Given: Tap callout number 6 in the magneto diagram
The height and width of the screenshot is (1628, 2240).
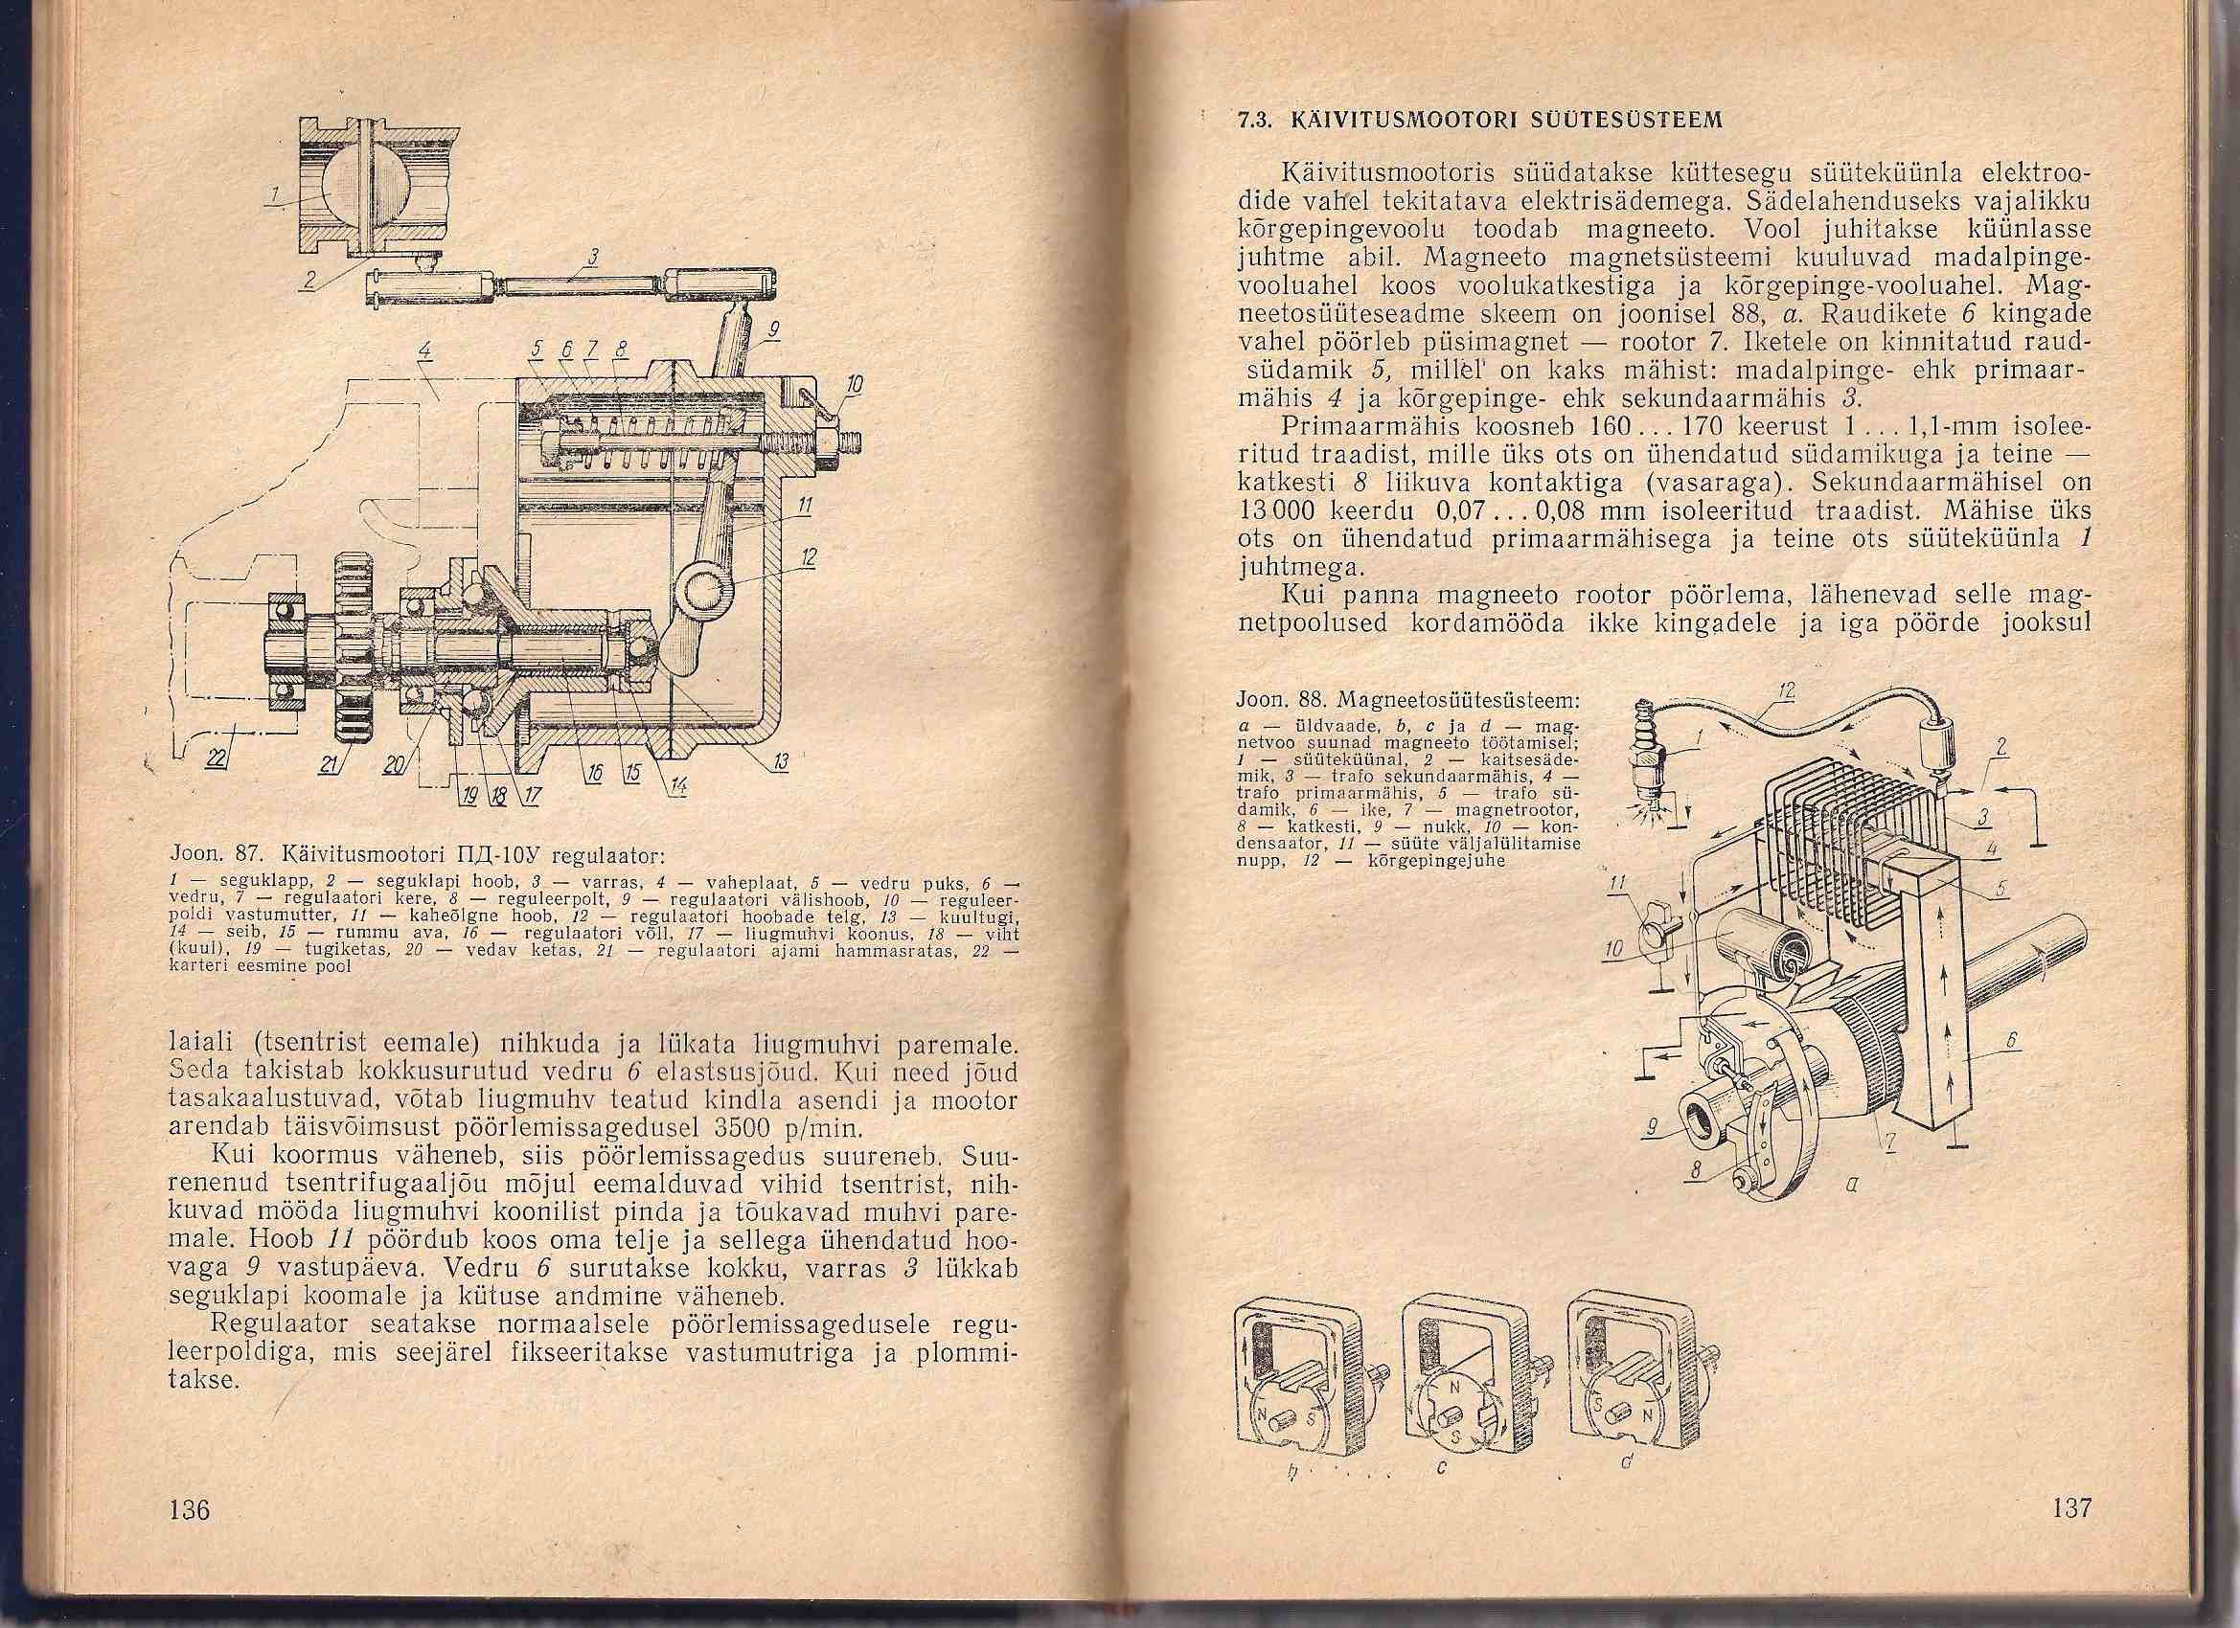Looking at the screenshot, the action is (2012, 1042).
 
